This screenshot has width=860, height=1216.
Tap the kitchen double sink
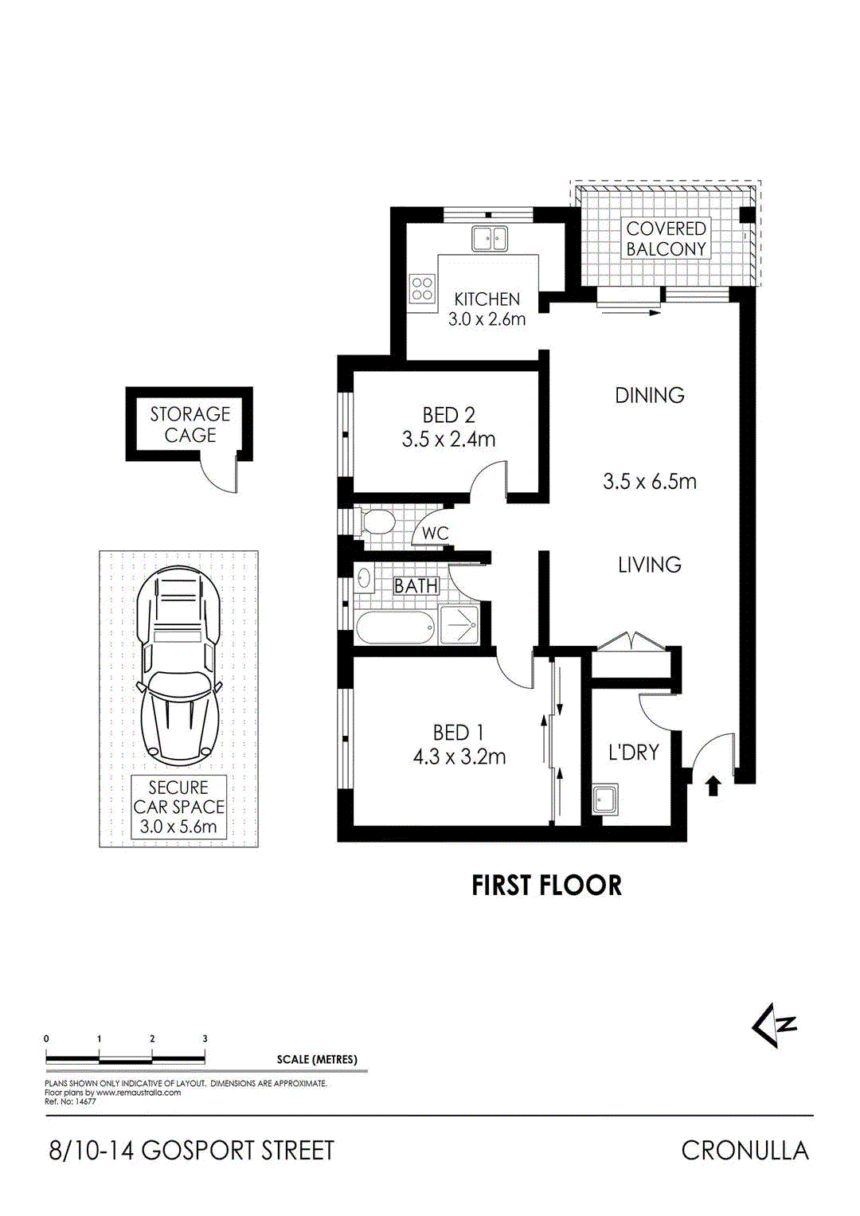(489, 238)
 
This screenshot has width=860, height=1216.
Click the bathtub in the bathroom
(394, 628)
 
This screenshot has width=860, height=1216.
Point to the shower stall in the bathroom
(459, 625)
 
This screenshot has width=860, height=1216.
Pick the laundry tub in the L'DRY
(606, 799)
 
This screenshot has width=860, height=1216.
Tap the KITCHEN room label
(487, 299)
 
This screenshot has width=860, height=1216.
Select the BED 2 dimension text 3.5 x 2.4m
(448, 439)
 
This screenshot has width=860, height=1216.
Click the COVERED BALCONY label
(666, 239)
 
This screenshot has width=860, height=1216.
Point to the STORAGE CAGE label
(190, 424)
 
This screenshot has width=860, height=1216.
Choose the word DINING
(649, 395)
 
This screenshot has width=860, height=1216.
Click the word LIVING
(649, 565)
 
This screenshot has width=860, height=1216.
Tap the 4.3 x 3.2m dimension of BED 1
(459, 757)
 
